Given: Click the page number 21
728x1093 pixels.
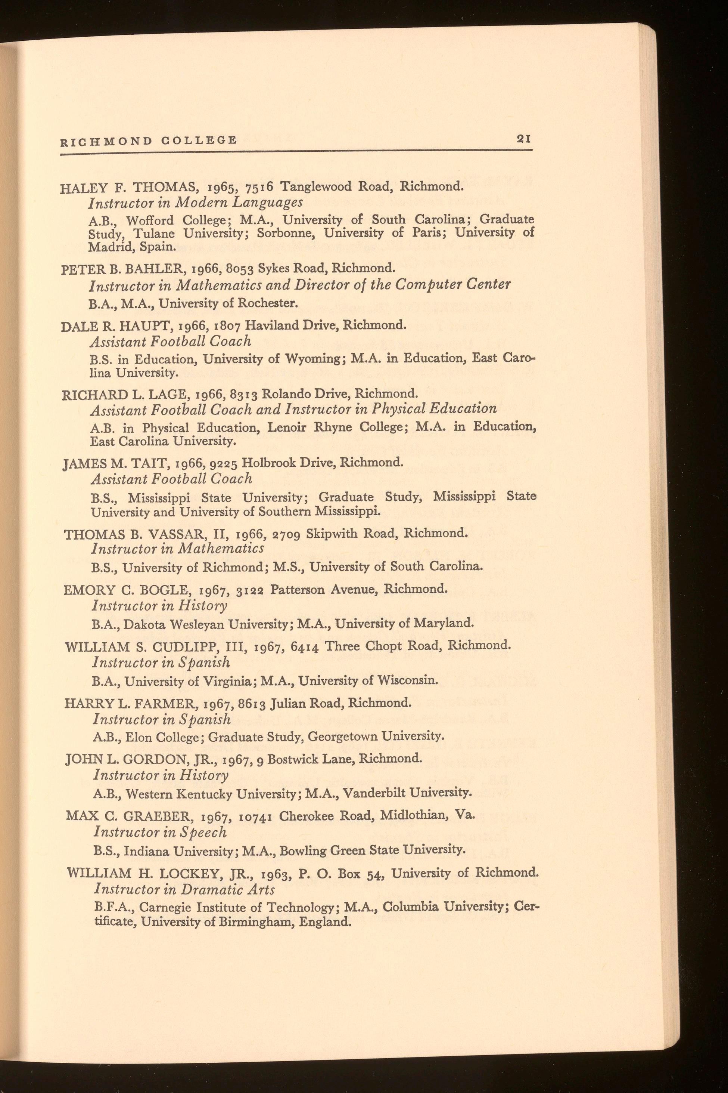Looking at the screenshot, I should (x=524, y=139).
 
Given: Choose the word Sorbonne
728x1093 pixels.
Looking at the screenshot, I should (x=284, y=233).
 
